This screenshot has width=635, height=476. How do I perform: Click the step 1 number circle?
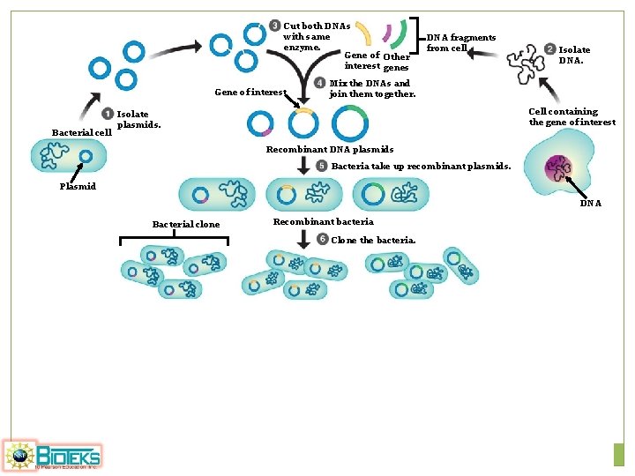click(x=108, y=114)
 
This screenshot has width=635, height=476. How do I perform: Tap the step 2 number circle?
click(x=549, y=49)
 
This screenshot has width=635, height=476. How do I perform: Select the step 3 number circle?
click(x=275, y=26)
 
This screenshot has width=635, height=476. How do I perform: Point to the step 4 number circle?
click(x=319, y=84)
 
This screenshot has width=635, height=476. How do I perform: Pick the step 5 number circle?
click(x=322, y=166)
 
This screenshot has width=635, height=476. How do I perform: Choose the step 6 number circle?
click(x=322, y=240)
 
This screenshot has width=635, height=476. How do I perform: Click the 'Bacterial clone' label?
click(x=186, y=225)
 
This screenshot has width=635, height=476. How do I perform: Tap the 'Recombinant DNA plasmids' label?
click(x=330, y=150)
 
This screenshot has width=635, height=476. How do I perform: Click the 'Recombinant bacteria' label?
click(x=323, y=221)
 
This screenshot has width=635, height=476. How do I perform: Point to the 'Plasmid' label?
click(x=78, y=186)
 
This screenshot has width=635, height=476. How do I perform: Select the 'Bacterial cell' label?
click(x=81, y=132)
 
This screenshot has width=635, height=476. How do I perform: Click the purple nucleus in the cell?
click(x=557, y=167)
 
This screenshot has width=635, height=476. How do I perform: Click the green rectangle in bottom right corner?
click(x=618, y=454)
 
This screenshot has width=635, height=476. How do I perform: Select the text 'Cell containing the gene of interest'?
click(x=571, y=116)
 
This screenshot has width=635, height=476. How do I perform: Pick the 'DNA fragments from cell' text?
click(x=460, y=42)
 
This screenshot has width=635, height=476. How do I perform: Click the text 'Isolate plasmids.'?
click(x=138, y=119)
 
